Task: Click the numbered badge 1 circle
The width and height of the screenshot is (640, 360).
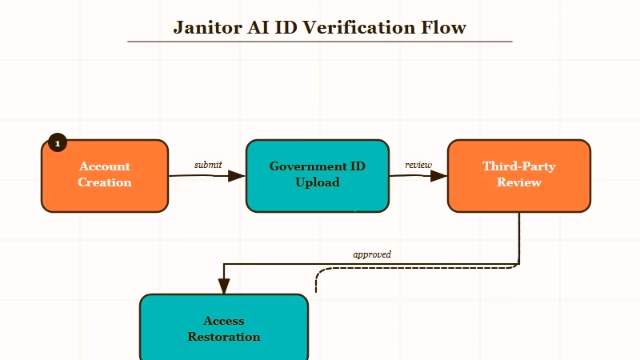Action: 57,142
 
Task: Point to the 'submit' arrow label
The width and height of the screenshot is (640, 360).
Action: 208,165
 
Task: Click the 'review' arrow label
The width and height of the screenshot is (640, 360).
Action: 418,165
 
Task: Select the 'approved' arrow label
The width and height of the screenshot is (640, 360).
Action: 372,254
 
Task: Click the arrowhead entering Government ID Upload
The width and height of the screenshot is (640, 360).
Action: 237,175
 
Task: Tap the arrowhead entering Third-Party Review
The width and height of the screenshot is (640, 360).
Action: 438,175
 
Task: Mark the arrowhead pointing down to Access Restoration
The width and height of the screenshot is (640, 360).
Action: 224,286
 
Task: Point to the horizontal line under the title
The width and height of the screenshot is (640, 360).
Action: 320,41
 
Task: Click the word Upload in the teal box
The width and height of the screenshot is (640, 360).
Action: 317,182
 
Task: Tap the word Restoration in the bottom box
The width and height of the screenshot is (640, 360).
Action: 224,337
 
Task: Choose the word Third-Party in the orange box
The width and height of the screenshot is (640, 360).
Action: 518,166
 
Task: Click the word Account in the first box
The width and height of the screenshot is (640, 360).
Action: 104,166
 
